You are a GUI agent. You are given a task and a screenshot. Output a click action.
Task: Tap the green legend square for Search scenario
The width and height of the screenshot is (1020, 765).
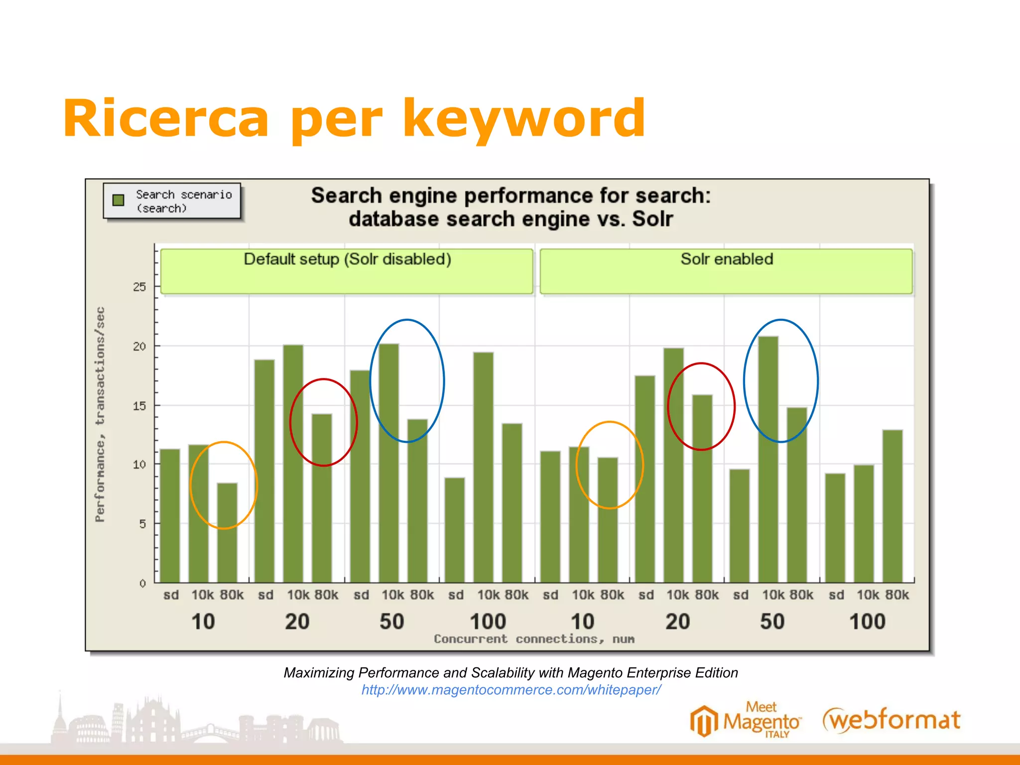(119, 200)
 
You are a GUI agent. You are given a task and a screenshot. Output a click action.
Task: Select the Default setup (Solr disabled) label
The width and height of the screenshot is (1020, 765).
(347, 259)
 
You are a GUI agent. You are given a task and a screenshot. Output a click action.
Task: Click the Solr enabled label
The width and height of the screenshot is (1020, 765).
(727, 259)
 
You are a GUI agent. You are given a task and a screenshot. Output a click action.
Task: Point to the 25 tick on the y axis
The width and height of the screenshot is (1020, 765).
(139, 287)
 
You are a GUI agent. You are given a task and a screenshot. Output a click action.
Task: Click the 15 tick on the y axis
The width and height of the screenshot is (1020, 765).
(139, 406)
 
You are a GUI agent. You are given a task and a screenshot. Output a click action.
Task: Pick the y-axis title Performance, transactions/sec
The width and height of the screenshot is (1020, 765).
(100, 414)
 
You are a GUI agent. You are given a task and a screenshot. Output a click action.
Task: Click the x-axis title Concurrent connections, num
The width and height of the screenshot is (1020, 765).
(534, 639)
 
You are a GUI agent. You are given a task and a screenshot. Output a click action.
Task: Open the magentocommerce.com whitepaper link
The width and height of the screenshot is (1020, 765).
(511, 690)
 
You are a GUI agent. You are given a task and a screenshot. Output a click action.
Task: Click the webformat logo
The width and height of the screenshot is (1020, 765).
(892, 720)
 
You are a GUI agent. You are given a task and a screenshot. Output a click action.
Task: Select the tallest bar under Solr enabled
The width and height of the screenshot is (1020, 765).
(768, 458)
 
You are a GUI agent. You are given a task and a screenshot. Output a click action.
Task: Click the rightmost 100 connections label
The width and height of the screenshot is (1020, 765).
(867, 622)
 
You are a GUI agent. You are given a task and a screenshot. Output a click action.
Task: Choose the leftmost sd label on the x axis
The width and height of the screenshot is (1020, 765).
(171, 595)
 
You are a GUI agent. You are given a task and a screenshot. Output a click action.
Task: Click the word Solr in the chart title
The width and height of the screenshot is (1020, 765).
(652, 219)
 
